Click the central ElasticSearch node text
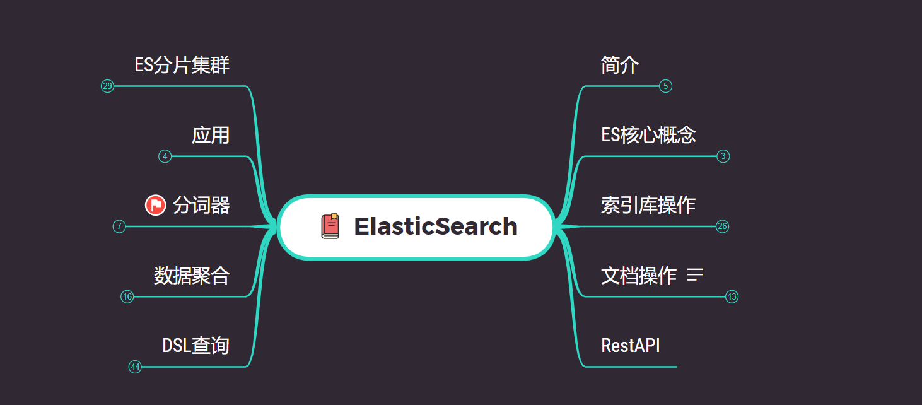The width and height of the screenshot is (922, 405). coord(435,226)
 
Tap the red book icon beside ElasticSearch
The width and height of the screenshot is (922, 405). coord(330,226)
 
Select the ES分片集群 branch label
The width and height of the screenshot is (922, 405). coord(182,65)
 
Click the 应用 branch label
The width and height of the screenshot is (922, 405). coord(211,135)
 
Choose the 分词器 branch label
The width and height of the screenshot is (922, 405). coord(201,205)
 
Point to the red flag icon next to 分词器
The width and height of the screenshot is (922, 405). coord(155,205)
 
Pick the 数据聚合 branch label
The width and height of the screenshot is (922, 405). coord(192,275)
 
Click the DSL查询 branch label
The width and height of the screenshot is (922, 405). coord(195,345)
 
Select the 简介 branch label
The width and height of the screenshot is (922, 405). coord(620,65)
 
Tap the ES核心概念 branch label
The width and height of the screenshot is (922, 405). coord(648,135)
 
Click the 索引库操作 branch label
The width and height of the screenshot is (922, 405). coord(648,205)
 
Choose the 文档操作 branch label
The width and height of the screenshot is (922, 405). coord(639,275)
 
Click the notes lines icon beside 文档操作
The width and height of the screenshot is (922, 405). coord(695,275)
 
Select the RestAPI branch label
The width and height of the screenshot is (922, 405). coord(631,345)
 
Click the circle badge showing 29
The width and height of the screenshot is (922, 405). coord(107,86)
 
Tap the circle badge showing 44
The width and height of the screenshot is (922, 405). coord(135,367)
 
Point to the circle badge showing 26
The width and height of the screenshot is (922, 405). coord(723,226)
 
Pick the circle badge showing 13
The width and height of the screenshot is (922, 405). coord(732,296)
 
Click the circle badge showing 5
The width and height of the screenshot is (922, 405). coord(665,86)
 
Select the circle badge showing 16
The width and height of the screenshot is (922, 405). coord(127,296)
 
